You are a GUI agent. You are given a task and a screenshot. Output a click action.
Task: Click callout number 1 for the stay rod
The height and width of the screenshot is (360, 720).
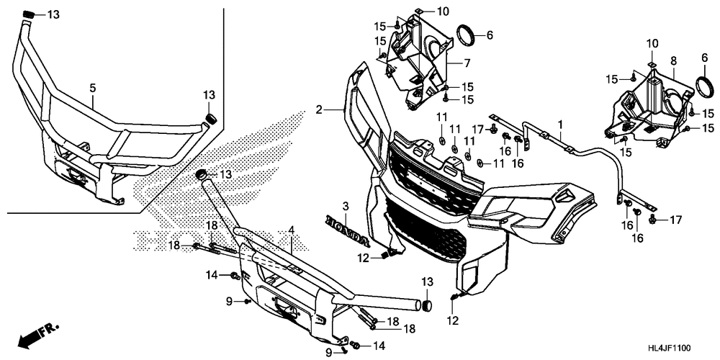pyautogui.click(x=560, y=125)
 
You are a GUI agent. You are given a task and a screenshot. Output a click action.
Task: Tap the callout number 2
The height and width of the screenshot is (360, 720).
pyautogui.click(x=318, y=110)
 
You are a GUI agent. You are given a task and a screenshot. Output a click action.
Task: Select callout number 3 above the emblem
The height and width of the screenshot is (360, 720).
pyautogui.click(x=346, y=207)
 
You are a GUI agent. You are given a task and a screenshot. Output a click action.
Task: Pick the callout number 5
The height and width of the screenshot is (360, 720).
pyautogui.click(x=92, y=89)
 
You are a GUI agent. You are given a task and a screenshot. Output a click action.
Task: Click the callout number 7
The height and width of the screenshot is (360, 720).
pyautogui.click(x=467, y=63)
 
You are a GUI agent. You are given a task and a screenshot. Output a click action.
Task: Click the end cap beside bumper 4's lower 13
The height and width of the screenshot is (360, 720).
pyautogui.click(x=426, y=306)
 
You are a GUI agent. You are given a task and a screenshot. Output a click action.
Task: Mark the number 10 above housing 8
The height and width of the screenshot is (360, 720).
pyautogui.click(x=651, y=45)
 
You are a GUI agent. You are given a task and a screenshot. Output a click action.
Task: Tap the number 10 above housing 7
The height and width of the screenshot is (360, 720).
pyautogui.click(x=442, y=12)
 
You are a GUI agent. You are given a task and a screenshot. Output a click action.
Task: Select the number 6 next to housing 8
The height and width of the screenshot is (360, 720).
pyautogui.click(x=705, y=58)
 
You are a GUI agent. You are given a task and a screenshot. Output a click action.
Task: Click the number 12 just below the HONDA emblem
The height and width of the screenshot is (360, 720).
pyautogui.click(x=364, y=258)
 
